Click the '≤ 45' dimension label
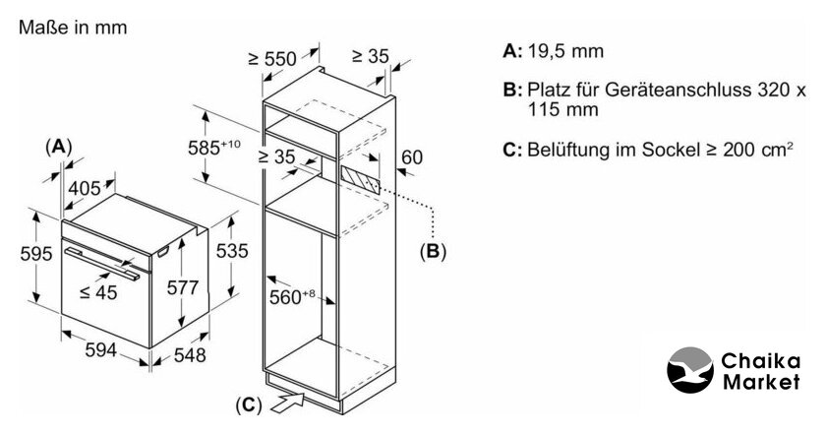point(99,291)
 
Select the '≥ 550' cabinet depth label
point(272,59)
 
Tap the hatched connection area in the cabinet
point(359,178)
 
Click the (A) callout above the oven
point(59,145)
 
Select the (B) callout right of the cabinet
point(433,251)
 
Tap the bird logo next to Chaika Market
point(693,373)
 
